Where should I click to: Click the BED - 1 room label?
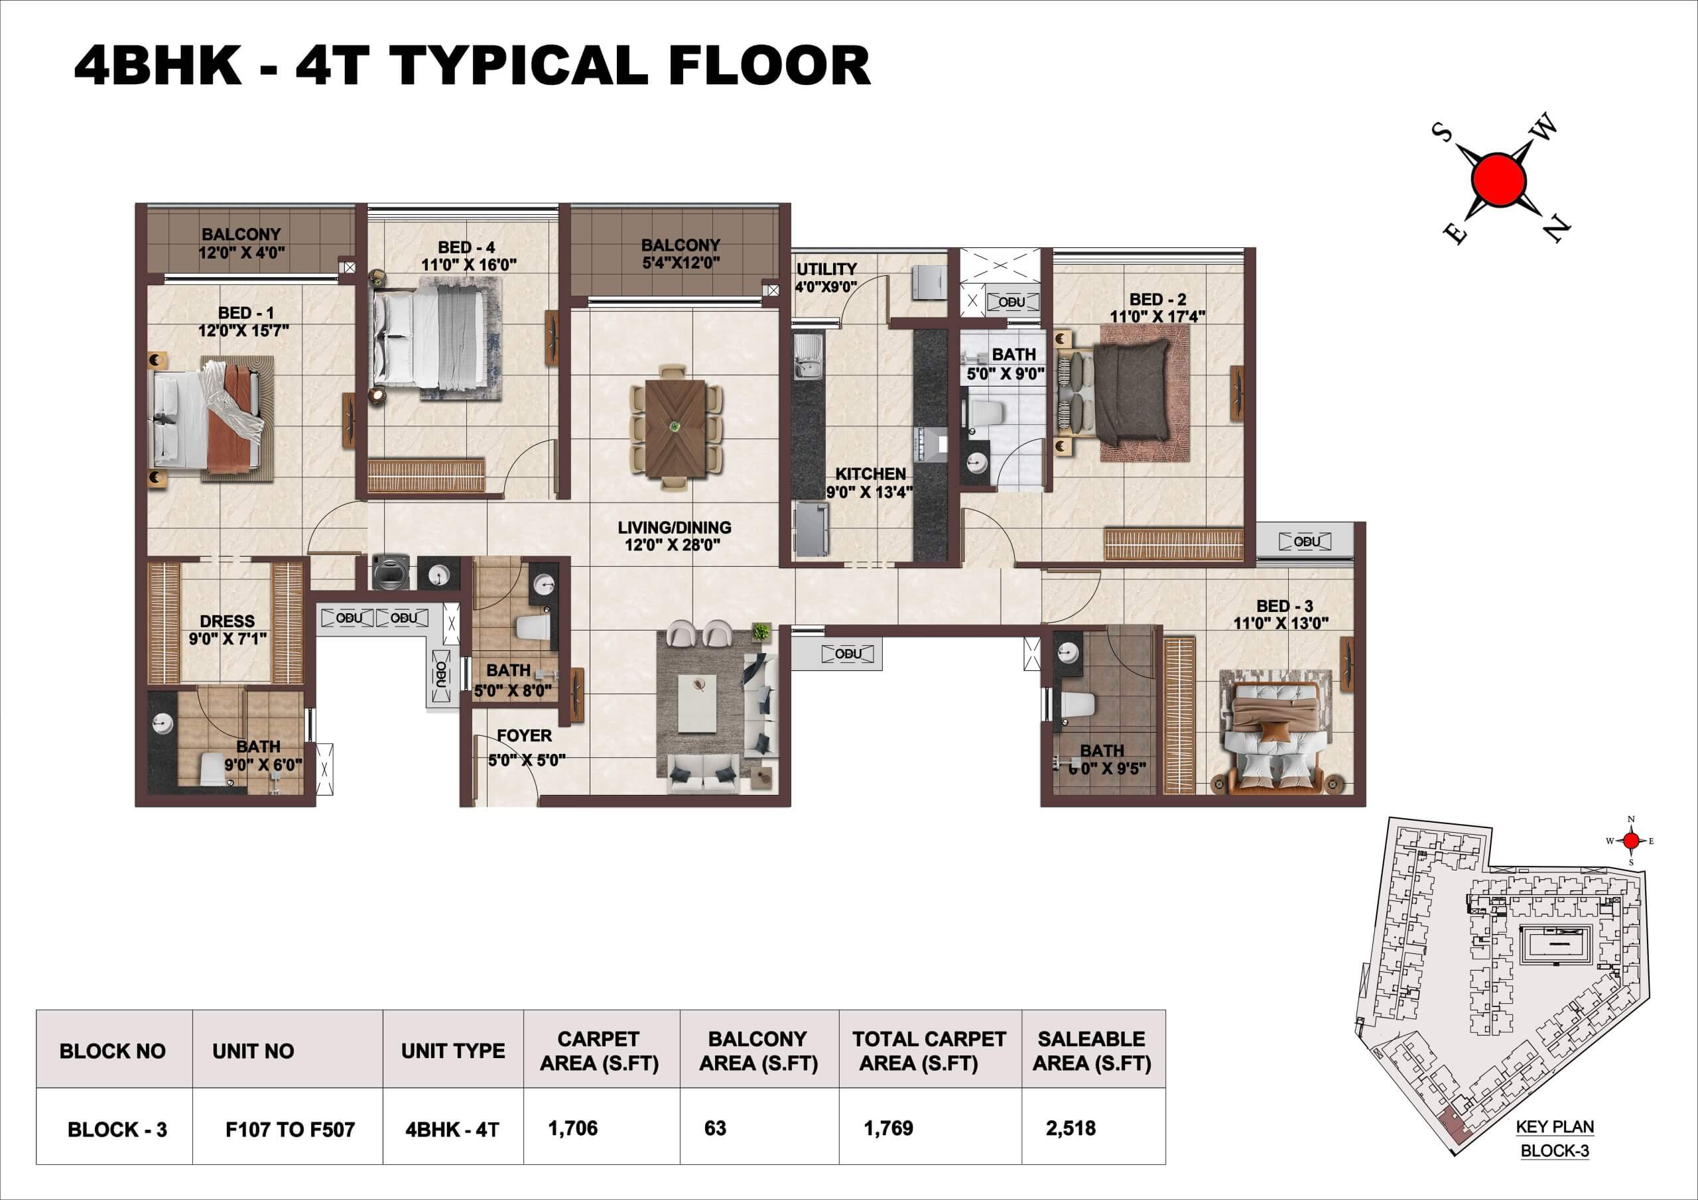[245, 313]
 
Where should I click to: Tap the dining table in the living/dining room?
[675, 430]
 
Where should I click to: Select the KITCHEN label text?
[870, 474]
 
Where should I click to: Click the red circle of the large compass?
[1498, 180]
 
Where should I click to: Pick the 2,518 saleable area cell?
[1070, 1128]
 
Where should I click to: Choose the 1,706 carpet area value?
[572, 1128]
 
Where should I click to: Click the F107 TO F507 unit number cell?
[290, 1129]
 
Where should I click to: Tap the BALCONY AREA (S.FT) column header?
[758, 1051]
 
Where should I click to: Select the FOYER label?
[525, 736]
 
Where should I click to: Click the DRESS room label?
[227, 621]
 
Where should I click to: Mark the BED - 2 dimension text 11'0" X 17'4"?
[1157, 316]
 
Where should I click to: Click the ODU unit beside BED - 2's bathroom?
[1011, 302]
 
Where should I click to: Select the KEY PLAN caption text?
[1555, 1127]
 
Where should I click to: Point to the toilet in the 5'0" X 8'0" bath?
[533, 628]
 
